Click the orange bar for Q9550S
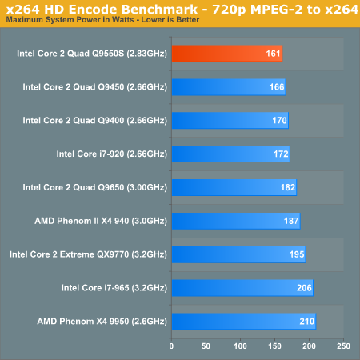[227, 54]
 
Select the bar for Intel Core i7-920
[231, 154]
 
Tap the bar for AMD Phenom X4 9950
[244, 322]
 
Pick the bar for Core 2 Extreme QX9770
[238, 254]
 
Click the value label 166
[277, 87]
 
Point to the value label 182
[288, 187]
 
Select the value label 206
[304, 288]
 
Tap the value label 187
[291, 221]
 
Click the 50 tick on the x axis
[206, 346]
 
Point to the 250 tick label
[343, 346]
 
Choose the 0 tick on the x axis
[171, 346]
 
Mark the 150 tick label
[274, 346]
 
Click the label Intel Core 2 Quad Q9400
[74, 121]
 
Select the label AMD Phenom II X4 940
[82, 221]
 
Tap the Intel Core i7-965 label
[95, 288]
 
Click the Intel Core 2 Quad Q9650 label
[74, 187]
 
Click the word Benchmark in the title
[159, 10]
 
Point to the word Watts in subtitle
[123, 20]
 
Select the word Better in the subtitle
[188, 20]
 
